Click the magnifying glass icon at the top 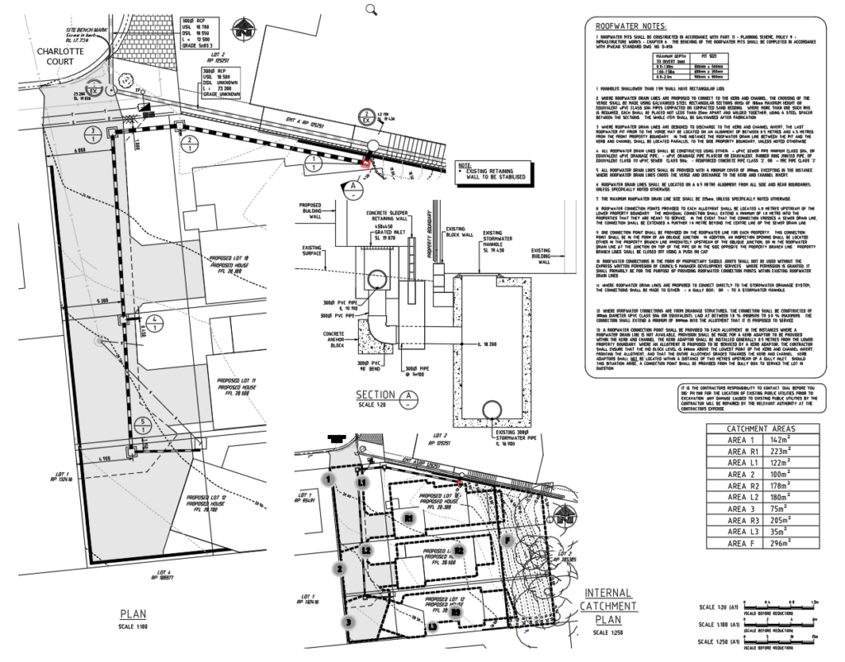(x=371, y=9)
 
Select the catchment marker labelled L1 (x=361, y=480)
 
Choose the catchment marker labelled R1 (x=408, y=517)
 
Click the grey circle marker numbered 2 (x=338, y=568)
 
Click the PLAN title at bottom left (x=134, y=614)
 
